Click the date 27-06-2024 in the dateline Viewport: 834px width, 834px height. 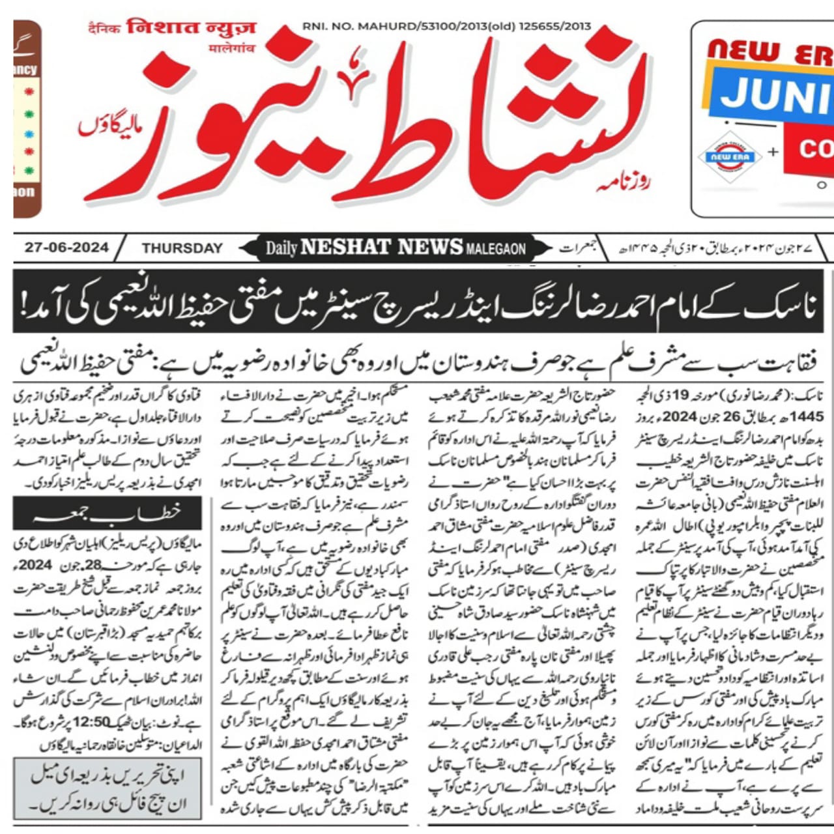[x=66, y=248]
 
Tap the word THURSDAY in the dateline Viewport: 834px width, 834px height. [x=182, y=248]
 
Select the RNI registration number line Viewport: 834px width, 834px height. [x=446, y=27]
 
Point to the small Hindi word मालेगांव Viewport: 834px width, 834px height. [x=232, y=48]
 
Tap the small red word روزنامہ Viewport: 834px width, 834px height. [x=622, y=184]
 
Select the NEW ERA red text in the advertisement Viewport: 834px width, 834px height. [x=769, y=52]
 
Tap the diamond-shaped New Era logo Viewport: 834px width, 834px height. [x=730, y=157]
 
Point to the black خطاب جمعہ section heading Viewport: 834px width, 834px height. [x=108, y=513]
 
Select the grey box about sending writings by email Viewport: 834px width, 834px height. [x=108, y=788]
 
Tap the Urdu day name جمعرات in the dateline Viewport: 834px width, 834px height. [x=579, y=248]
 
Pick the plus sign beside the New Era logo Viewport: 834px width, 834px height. [x=773, y=152]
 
